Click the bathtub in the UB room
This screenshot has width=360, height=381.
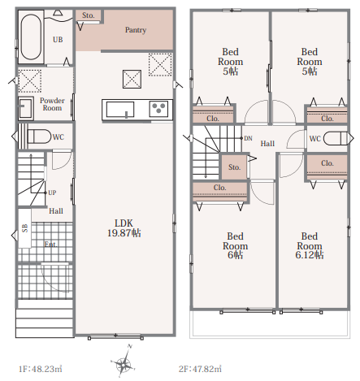click(x=31, y=37)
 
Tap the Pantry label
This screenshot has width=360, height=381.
click(x=136, y=30)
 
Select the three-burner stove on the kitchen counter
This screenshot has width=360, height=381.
click(x=158, y=109)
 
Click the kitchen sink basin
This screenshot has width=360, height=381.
click(x=120, y=110)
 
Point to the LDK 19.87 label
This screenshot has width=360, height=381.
click(x=124, y=228)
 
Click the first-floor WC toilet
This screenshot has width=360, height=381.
click(x=39, y=136)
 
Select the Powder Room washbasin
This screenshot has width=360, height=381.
click(x=26, y=108)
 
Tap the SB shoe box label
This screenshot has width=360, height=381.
click(x=24, y=228)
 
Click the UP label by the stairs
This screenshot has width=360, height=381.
click(x=52, y=193)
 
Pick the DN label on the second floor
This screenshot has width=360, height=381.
click(x=248, y=138)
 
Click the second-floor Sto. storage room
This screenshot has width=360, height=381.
click(x=234, y=167)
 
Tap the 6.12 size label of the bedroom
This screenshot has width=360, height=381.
click(x=310, y=255)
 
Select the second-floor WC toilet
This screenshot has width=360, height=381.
click(x=336, y=138)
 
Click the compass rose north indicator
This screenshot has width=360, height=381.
click(x=129, y=346)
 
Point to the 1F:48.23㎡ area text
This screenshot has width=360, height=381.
click(x=40, y=369)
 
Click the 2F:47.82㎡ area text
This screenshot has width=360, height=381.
click(x=200, y=369)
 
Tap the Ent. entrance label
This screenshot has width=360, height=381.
click(x=50, y=245)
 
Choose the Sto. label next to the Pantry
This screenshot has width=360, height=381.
click(x=89, y=15)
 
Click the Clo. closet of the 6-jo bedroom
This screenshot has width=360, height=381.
click(x=220, y=192)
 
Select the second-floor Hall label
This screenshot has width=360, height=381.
click(x=267, y=144)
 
